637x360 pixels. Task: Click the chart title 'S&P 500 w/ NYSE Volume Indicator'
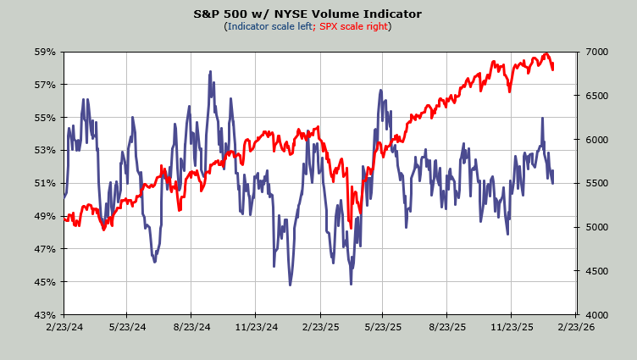coord(318,14)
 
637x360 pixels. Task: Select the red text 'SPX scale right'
coord(354,26)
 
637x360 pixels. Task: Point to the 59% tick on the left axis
coord(45,52)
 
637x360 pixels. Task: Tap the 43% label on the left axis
coord(45,315)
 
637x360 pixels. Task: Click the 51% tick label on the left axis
coord(45,183)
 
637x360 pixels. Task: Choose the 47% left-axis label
coord(45,249)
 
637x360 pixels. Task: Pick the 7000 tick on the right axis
coord(592,52)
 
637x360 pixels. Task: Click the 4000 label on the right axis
coord(592,315)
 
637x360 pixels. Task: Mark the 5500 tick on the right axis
coord(592,183)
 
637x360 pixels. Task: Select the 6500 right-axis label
coord(592,96)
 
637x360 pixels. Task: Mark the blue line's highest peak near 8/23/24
coord(209,73)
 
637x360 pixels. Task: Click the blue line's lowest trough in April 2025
coord(351,284)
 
